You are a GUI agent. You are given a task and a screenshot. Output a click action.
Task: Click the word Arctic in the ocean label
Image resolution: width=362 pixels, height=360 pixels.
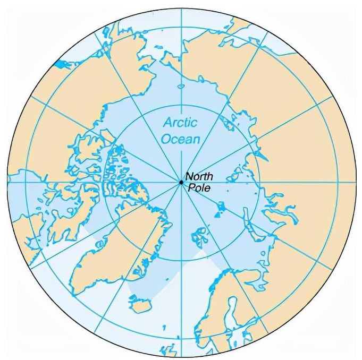click(x=180, y=123)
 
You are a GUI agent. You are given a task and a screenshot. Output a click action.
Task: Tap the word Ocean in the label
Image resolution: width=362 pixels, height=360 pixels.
click(x=182, y=140)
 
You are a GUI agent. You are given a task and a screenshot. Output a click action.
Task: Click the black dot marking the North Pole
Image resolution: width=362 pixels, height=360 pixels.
click(x=181, y=183)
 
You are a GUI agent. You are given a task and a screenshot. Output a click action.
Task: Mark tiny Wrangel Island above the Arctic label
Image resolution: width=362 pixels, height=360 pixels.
click(x=181, y=86)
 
